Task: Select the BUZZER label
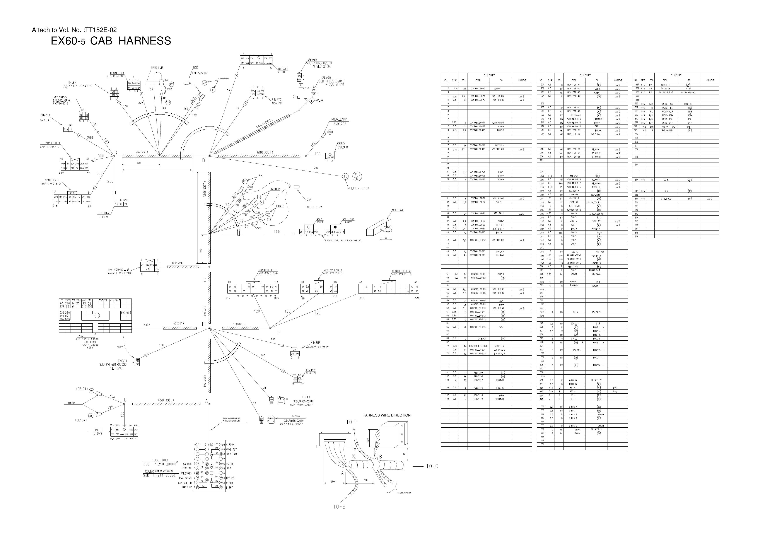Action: point(45,115)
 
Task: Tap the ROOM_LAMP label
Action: point(339,119)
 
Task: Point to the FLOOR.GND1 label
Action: point(359,188)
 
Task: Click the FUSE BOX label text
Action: point(160,460)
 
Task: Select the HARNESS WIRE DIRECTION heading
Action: point(386,415)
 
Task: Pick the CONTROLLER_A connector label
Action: point(401,271)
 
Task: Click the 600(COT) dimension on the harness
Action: point(265,152)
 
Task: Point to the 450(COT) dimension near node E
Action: point(166,400)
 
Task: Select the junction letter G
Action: point(116,153)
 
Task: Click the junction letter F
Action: point(278,332)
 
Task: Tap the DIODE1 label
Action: point(306,397)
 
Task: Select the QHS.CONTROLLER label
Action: point(119,270)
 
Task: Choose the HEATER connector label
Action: point(315,342)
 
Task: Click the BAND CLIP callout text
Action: point(157,68)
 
